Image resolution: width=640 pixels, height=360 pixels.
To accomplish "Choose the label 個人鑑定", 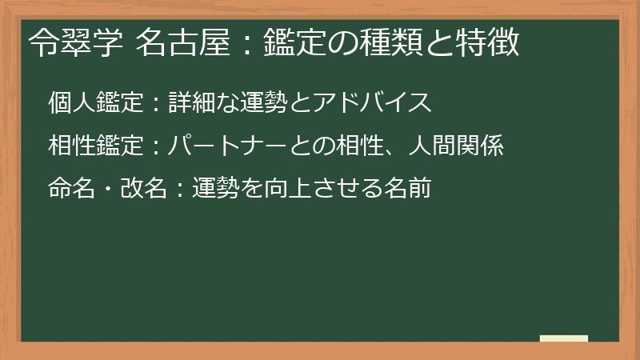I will tap(96, 103).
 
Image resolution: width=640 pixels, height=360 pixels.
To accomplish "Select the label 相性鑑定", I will tap(96, 146).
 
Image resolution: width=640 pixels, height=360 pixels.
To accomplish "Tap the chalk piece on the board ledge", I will tap(564, 338).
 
